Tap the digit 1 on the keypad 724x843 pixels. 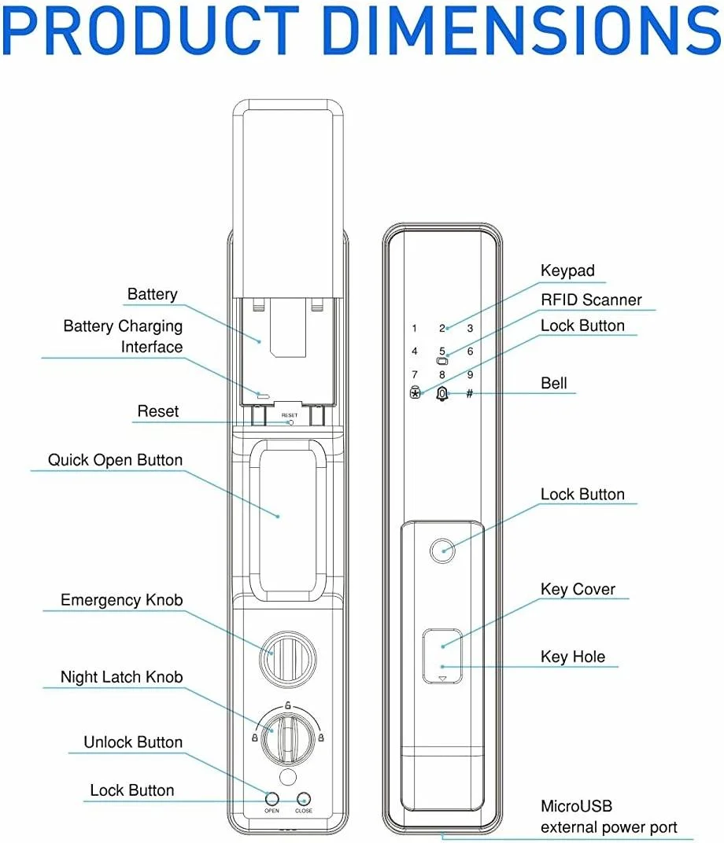tap(415, 329)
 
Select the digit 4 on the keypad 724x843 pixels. tap(415, 352)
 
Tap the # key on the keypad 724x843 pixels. tap(469, 392)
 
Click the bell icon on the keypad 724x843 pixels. tap(441, 393)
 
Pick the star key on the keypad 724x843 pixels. tap(415, 392)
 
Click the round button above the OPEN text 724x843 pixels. tap(271, 798)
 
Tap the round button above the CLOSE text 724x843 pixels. tap(303, 798)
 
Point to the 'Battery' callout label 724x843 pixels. tap(153, 294)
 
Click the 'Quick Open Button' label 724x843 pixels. tap(115, 460)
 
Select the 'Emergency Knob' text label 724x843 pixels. tap(122, 600)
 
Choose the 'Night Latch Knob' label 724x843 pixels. tap(122, 677)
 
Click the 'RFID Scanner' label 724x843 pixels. tap(591, 300)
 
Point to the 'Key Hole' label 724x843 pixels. tap(573, 657)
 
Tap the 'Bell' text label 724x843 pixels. tap(554, 383)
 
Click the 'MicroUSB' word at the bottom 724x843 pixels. tap(576, 806)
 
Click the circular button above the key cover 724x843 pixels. tap(442, 550)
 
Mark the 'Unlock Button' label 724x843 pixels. tap(133, 742)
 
